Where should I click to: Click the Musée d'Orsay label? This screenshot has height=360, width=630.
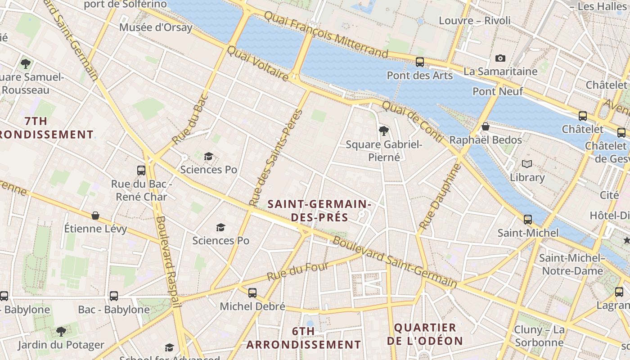pyautogui.click(x=156, y=27)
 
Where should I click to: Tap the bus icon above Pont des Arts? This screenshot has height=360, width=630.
pyautogui.click(x=420, y=62)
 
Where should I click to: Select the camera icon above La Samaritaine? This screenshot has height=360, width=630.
pyautogui.click(x=500, y=58)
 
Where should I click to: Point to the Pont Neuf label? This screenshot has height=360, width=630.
pyautogui.click(x=498, y=91)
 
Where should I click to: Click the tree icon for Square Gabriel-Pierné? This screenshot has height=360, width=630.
pyautogui.click(x=384, y=131)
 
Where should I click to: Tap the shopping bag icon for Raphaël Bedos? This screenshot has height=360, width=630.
pyautogui.click(x=485, y=126)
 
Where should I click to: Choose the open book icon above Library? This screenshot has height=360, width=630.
pyautogui.click(x=527, y=164)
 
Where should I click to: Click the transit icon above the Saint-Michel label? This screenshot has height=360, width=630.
pyautogui.click(x=528, y=220)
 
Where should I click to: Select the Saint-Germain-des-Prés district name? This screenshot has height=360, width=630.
pyautogui.click(x=319, y=211)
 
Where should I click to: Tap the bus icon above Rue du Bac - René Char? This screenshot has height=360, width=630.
pyautogui.click(x=141, y=170)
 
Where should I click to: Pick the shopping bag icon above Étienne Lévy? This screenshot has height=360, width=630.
pyautogui.click(x=95, y=216)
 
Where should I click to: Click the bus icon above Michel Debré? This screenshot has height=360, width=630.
pyautogui.click(x=252, y=293)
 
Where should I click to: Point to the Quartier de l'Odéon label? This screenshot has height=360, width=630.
pyautogui.click(x=425, y=334)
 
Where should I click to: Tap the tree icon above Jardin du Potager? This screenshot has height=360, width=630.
pyautogui.click(x=61, y=332)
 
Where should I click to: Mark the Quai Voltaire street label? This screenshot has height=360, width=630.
pyautogui.click(x=257, y=63)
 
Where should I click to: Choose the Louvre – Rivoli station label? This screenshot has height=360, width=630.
pyautogui.click(x=475, y=21)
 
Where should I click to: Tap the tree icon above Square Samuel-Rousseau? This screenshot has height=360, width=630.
pyautogui.click(x=26, y=63)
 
